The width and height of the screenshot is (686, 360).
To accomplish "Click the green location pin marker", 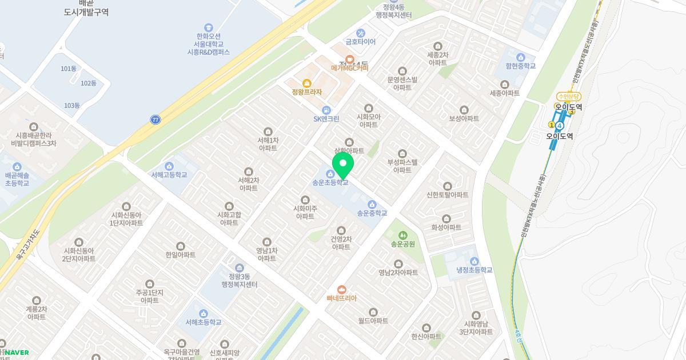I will point(342,165).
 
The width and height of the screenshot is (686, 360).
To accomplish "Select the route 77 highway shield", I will point(155,119).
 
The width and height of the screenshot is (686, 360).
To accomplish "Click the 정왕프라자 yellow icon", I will point(306,83).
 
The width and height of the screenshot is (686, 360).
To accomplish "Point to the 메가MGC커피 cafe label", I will point(350,67).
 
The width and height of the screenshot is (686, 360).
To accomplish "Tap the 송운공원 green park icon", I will point(402,235).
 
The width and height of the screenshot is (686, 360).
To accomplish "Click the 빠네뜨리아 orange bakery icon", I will point(342,290).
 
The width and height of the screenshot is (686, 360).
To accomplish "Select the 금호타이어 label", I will point(360,42).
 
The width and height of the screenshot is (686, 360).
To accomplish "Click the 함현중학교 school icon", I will point(520,57).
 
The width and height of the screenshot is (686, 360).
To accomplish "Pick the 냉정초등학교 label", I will point(474,270).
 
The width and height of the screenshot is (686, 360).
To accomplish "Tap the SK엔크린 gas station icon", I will point(326,110).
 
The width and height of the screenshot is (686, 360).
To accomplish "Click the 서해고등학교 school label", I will point(169,175).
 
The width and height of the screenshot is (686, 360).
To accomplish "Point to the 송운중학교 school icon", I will point(372,205).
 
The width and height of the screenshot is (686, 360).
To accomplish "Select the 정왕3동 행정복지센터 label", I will point(239,281).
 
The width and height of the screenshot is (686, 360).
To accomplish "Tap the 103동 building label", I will point(72,105).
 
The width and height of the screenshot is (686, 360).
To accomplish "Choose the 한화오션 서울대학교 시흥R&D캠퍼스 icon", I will point(209,27).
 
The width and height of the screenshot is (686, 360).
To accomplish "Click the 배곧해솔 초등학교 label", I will point(17,179).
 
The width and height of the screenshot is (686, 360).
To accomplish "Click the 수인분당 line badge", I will point(569,97).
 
